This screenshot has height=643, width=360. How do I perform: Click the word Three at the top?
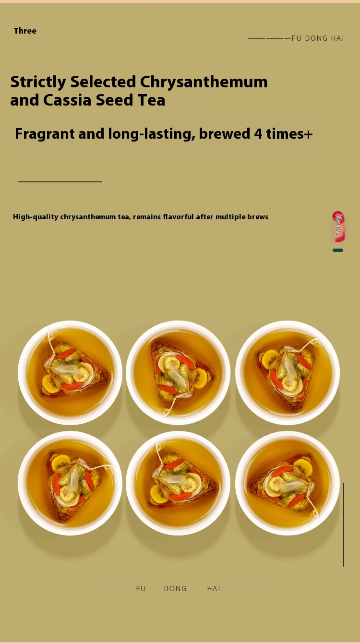(x=25, y=31)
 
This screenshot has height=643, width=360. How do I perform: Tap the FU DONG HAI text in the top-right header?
(x=317, y=38)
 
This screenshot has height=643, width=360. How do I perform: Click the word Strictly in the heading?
(x=38, y=82)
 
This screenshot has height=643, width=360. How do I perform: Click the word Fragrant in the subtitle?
(x=44, y=134)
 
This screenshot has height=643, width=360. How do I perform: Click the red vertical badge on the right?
(x=338, y=227)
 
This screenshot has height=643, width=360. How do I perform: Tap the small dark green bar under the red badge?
(x=338, y=250)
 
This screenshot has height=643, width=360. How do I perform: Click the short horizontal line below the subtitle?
(x=60, y=182)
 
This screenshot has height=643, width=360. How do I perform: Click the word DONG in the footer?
(x=175, y=589)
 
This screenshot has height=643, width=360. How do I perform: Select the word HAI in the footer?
(x=214, y=589)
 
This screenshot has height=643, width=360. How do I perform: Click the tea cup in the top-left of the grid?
(x=70, y=372)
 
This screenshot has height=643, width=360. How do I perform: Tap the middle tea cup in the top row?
(x=178, y=372)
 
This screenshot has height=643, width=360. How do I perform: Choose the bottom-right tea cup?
(x=287, y=483)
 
